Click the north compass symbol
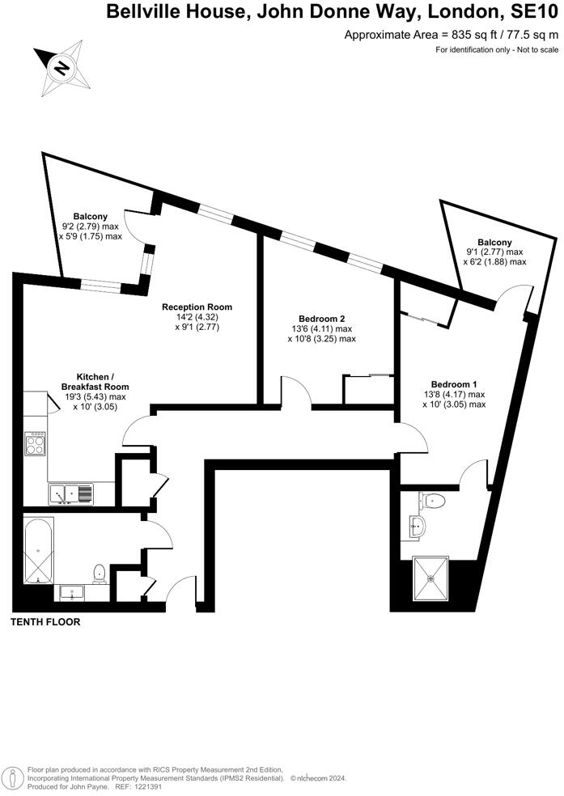tap(61, 69)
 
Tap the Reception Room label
tap(197, 307)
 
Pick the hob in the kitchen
tap(36, 444)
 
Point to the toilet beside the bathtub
tap(100, 573)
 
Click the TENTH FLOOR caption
tap(45, 622)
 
